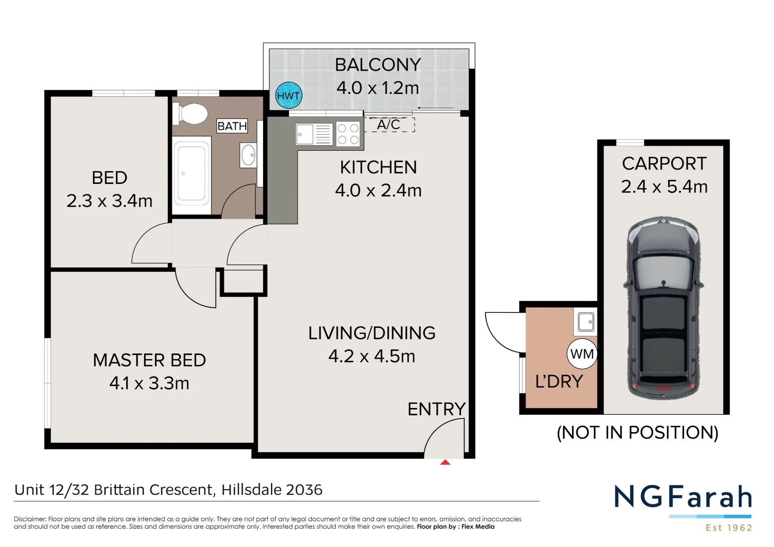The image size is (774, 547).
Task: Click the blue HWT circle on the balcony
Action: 289,96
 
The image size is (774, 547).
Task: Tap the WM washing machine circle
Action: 582,354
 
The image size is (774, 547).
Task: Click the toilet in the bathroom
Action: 190,114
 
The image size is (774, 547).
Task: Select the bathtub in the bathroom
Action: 192,175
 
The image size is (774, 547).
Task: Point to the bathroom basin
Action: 248,155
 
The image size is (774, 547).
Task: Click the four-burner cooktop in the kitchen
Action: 348,134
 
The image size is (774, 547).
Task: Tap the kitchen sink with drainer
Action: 314,134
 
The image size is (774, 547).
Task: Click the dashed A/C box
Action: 389,125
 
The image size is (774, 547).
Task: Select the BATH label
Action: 232,126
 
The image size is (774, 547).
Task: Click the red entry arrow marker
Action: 445,462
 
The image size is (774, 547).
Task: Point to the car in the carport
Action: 663,308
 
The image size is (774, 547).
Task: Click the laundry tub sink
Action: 586,322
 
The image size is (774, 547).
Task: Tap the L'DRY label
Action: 559,381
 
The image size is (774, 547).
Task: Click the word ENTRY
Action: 436,409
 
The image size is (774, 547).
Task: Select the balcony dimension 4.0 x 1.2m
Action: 378,88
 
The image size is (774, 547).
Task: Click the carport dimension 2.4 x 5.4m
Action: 664,187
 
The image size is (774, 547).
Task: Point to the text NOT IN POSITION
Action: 637,433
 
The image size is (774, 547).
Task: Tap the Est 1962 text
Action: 729,528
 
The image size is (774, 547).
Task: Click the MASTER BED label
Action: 149,360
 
